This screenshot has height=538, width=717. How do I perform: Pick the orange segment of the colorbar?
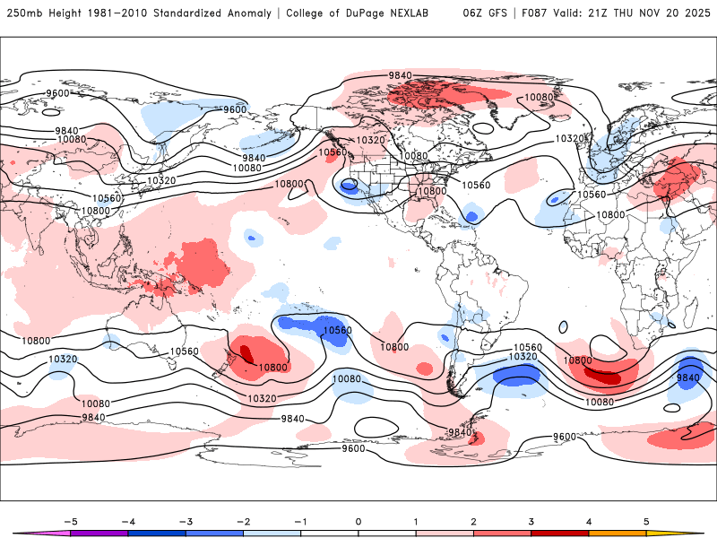pos(617,533)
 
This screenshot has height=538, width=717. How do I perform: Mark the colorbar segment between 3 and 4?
pos(559,533)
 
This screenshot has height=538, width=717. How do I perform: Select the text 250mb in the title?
pos(24,13)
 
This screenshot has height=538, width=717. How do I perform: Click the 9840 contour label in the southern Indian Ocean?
pos(688,377)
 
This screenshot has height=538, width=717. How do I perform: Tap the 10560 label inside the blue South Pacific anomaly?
pos(336,330)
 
